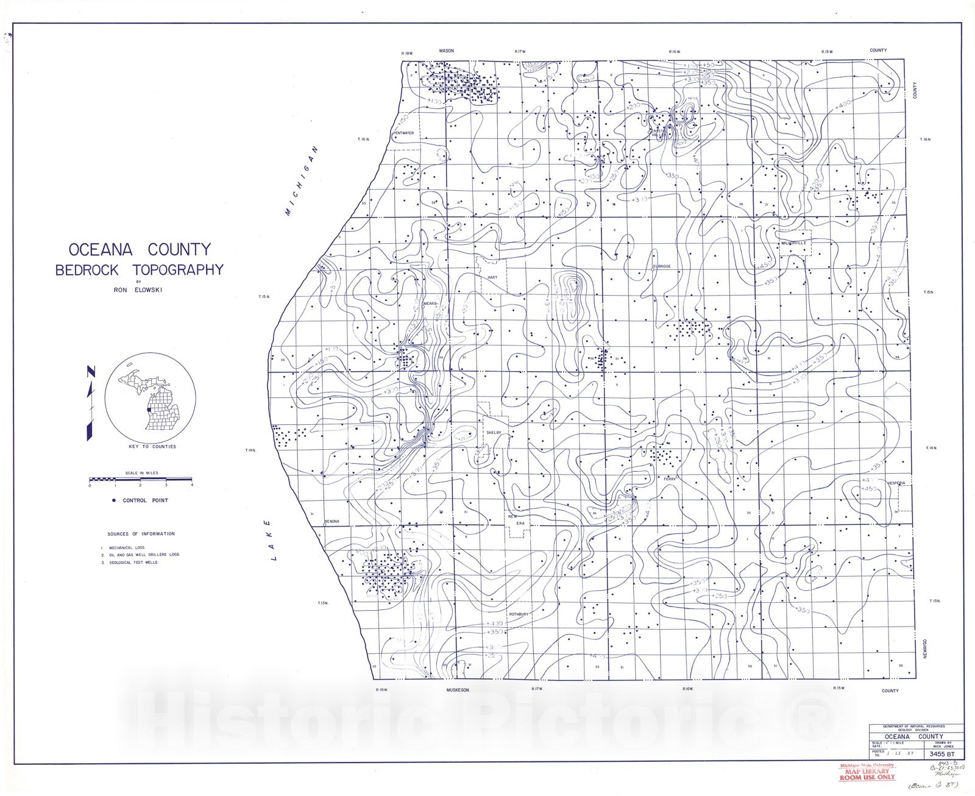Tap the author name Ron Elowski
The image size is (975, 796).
[138, 290]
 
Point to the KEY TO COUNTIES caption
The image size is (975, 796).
[152, 447]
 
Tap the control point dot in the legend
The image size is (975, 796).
[113, 500]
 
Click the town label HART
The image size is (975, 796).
[492, 277]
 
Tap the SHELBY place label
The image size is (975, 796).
[493, 432]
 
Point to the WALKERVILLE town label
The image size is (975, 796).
[793, 243]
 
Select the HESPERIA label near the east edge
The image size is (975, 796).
[897, 482]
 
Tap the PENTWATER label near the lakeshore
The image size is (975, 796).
[403, 132]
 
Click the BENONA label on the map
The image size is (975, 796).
[331, 521]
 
